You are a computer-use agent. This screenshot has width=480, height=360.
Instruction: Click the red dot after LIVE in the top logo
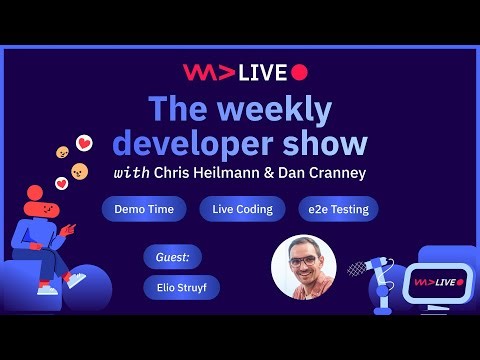(x=299, y=71)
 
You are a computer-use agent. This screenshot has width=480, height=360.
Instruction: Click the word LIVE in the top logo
(x=263, y=71)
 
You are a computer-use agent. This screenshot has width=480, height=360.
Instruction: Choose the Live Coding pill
(x=235, y=209)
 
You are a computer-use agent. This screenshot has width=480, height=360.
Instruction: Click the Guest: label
(x=172, y=256)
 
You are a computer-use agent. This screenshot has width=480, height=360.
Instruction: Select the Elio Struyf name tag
(x=181, y=288)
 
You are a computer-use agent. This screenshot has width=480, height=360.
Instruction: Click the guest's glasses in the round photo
(x=303, y=261)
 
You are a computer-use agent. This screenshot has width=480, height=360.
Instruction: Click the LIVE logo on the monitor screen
(x=436, y=283)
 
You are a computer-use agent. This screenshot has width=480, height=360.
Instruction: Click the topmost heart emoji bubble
(x=84, y=143)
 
